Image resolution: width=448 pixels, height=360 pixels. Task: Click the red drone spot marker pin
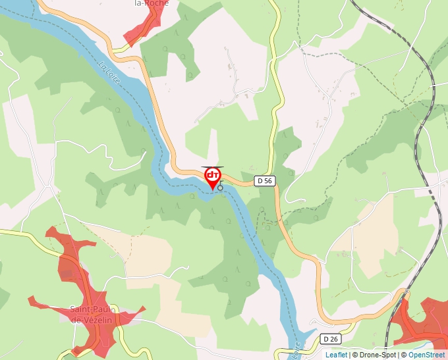[x=213, y=178]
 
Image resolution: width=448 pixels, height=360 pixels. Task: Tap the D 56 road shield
[x=264, y=180]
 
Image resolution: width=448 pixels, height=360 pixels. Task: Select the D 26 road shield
[x=330, y=338]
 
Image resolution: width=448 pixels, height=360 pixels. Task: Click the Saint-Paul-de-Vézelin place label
[x=93, y=314]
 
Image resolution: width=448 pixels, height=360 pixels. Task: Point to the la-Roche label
[x=151, y=3]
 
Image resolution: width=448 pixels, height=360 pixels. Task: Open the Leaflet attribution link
[x=336, y=355]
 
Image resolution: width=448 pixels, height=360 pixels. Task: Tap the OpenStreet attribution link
[x=428, y=355]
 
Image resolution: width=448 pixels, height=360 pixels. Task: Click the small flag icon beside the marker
[x=221, y=186]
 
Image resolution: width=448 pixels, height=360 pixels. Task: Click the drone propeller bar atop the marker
[x=212, y=167]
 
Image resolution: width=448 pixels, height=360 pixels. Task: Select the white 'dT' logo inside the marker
[x=213, y=176]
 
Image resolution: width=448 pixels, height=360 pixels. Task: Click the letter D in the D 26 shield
[x=326, y=338]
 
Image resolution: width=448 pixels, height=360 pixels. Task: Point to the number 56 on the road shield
[x=267, y=180]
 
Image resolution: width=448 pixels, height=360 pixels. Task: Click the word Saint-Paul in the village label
[x=93, y=309]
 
